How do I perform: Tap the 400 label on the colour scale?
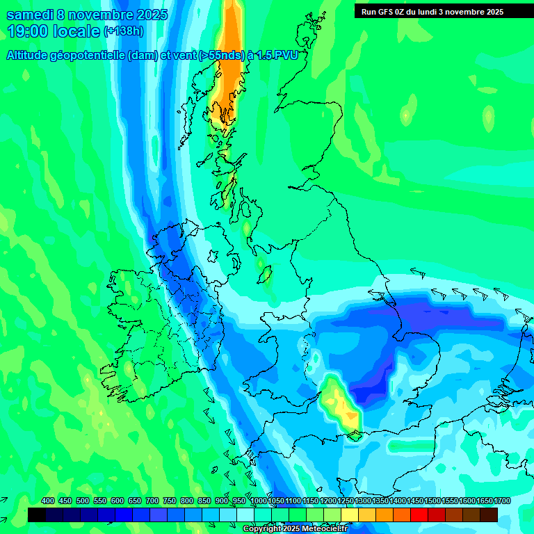point(48,501)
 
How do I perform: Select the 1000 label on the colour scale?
point(258,501)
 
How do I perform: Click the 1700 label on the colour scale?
point(502,501)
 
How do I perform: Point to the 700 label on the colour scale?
point(153,501)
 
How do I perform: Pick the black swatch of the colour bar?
point(36,515)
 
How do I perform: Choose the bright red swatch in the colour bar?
point(419,515)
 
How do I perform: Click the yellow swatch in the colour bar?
point(350,515)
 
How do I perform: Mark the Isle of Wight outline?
point(355,436)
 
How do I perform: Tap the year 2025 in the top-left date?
point(147,15)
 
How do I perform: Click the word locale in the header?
point(77,31)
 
